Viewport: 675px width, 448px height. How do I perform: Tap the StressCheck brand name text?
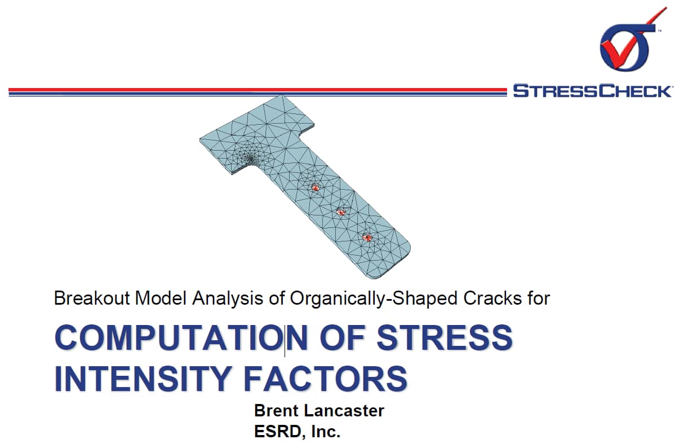592,91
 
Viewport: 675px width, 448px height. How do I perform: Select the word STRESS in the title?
444,337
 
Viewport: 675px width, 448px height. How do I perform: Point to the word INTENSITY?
144,379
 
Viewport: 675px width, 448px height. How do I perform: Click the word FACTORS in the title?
326,379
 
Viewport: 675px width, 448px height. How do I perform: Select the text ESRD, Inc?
297,431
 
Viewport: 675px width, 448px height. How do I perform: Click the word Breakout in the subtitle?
92,298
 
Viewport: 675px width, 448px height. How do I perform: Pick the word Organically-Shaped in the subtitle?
374,298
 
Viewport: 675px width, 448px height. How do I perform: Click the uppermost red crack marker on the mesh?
315,187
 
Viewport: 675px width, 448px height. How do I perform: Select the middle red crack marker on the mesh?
341,212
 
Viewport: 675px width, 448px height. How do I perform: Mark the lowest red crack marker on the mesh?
367,237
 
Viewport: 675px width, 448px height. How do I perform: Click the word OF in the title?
342,337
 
